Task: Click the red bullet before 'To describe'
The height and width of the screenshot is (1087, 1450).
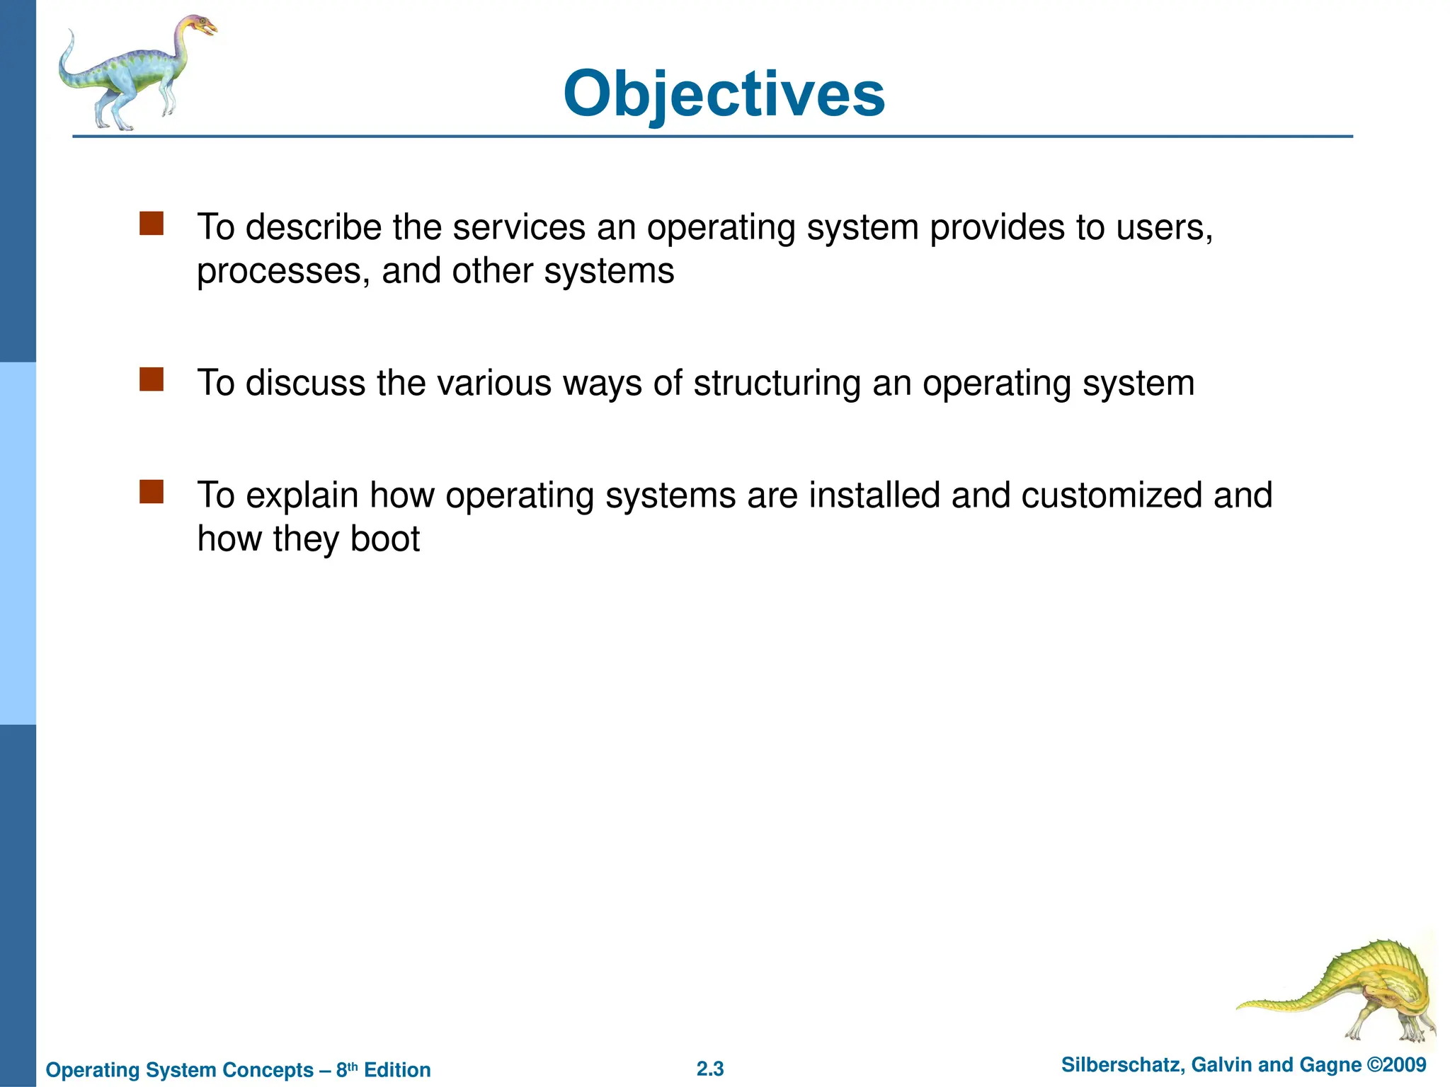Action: click(x=152, y=224)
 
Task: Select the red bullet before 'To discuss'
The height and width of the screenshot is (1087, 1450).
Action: click(x=152, y=379)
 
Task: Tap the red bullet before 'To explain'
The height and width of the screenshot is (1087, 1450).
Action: click(x=152, y=492)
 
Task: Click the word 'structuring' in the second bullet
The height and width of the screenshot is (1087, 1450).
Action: click(x=777, y=384)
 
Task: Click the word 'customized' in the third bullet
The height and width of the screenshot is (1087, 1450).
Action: click(x=1112, y=495)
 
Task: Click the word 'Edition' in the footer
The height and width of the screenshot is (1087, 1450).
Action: click(x=397, y=1070)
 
